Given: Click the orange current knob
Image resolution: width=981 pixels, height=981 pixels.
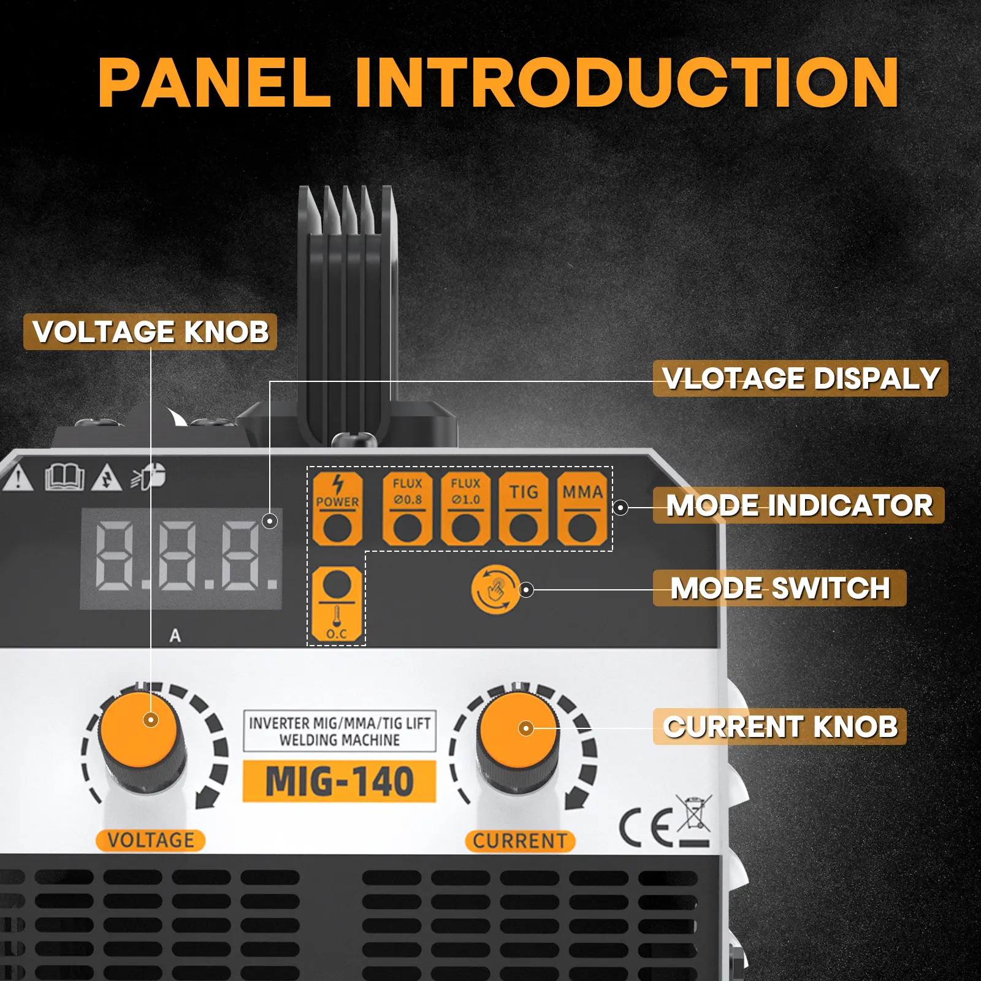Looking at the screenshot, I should [519, 730].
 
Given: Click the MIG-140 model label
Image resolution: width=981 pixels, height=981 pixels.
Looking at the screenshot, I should [339, 782].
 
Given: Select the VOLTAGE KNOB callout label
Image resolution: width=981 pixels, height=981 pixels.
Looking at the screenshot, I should [150, 332].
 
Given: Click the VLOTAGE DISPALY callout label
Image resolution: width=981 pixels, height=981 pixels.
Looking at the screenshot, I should [800, 378].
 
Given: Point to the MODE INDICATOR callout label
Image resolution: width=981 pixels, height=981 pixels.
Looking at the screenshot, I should [798, 505].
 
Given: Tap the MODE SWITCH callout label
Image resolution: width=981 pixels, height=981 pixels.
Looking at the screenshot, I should [779, 588].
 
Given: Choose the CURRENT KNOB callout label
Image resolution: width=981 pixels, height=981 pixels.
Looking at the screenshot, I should [779, 727].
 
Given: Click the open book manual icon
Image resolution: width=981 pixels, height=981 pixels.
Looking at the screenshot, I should [64, 477].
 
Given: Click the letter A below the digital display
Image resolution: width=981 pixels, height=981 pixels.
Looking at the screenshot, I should [175, 636].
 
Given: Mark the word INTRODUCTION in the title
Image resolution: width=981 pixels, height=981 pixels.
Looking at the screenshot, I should [627, 83].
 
